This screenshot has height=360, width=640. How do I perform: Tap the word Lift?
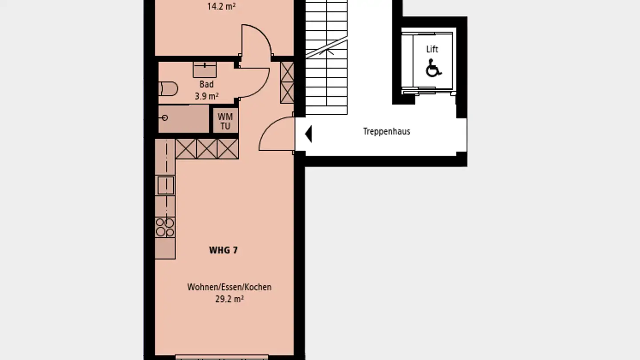tap(432, 49)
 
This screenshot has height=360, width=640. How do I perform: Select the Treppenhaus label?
tap(386, 132)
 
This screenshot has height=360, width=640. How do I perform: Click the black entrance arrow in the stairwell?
tap(308, 134)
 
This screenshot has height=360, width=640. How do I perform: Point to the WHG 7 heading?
tap(223, 250)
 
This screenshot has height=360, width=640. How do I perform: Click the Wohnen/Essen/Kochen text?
tap(229, 287)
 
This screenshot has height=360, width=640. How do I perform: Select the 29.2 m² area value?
tap(229, 299)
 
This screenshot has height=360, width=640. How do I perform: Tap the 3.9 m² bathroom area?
tap(206, 96)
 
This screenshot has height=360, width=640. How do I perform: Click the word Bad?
tap(206, 84)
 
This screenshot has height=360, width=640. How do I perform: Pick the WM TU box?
tap(225, 121)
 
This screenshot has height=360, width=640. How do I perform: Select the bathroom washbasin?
tap(204, 69)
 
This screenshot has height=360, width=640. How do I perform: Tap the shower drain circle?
tap(165, 118)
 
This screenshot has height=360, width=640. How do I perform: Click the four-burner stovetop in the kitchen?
tap(165, 227)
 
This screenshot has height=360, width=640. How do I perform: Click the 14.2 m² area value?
tap(221, 7)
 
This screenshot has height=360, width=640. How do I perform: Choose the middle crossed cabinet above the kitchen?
tap(207, 149)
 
